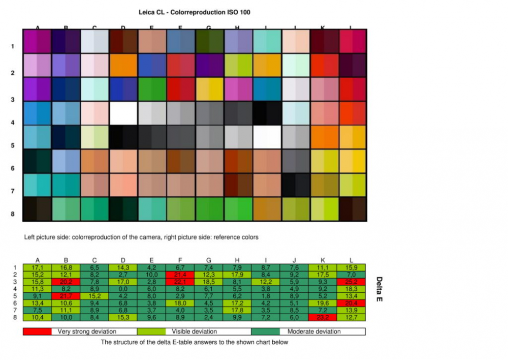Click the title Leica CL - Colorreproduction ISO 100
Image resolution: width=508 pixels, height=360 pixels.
coord(194,12)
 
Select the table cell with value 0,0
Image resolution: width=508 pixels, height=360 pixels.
coord(123,289)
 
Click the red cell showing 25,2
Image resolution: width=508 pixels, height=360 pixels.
coord(351,282)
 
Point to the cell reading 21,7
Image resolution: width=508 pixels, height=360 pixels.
coord(66,296)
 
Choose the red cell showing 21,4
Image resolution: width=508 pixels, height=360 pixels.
coord(180,275)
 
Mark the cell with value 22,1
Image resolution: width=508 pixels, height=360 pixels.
coord(180,282)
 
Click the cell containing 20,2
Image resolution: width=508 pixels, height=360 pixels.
coord(66,282)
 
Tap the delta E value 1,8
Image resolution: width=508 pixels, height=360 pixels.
coord(266,296)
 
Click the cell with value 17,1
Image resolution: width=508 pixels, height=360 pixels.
coord(38,267)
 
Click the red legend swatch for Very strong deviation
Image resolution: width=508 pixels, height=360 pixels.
coord(37,332)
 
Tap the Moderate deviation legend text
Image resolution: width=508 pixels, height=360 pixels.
coord(314,332)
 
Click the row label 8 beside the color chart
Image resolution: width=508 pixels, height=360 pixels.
coord(12,214)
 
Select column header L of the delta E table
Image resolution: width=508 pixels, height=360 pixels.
coord(351,260)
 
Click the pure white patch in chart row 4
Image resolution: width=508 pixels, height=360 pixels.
coord(123,113)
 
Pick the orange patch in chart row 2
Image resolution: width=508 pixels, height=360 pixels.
coord(123,65)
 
